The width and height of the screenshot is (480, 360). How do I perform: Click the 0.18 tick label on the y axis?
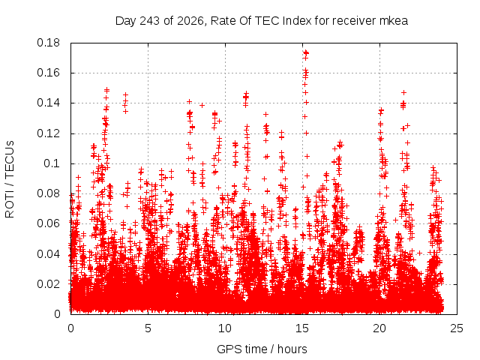pos(48,43)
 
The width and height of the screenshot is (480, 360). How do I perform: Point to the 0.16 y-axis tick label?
pos(48,73)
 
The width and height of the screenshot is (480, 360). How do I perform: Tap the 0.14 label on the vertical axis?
pos(48,103)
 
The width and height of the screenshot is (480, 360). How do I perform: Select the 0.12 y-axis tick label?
pos(48,133)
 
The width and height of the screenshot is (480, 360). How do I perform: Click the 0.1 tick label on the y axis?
pos(52,163)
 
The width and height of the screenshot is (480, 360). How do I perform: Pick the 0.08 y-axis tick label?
pos(48,193)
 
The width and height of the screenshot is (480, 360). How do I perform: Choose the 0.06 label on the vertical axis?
pos(48,223)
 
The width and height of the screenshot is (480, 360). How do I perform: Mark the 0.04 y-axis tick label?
pos(48,254)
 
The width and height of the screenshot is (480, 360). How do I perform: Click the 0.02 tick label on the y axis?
pos(48,284)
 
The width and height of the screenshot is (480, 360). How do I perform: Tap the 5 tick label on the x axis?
pos(148,328)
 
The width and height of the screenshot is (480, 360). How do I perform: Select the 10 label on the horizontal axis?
pos(225,328)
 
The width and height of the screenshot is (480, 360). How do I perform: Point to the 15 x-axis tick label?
pos(302,328)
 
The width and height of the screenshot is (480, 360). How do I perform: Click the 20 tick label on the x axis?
pos(379,328)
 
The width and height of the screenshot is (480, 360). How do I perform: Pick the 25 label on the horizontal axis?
pos(457,328)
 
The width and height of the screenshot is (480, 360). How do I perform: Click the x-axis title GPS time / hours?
pos(262,349)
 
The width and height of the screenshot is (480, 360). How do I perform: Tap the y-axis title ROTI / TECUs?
pos(10,179)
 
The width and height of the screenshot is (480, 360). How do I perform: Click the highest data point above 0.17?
pos(305,52)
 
